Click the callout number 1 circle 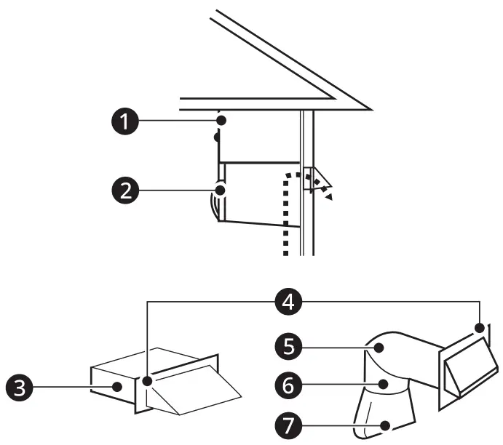[x=127, y=120]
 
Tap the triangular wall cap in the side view [x=316, y=180]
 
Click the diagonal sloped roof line [x=291, y=58]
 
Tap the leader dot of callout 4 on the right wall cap [x=480, y=329]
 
